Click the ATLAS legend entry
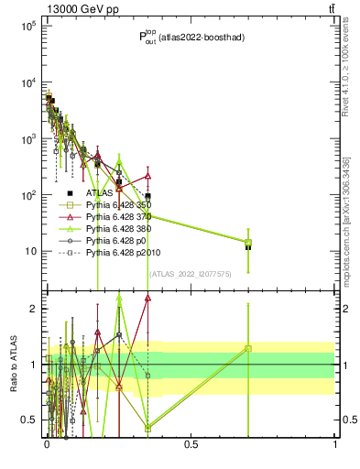(100, 193)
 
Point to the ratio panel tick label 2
(34, 309)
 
